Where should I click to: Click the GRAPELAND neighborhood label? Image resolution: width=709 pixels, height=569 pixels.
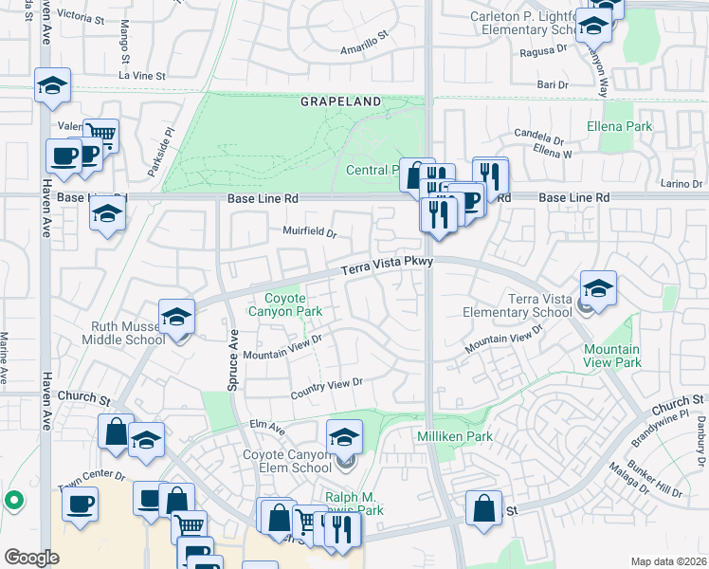pyautogui.click(x=341, y=101)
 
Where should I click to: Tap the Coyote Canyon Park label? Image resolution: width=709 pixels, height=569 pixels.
pyautogui.click(x=285, y=304)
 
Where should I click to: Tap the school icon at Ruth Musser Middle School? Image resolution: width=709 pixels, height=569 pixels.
pyautogui.click(x=176, y=318)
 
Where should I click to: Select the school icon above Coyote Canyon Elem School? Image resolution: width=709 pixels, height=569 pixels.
pyautogui.click(x=345, y=437)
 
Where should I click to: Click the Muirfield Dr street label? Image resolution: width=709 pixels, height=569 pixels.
pyautogui.click(x=309, y=231)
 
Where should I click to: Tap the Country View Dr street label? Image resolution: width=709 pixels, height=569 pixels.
pyautogui.click(x=327, y=383)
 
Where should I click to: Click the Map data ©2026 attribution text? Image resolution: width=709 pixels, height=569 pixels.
pyautogui.click(x=667, y=561)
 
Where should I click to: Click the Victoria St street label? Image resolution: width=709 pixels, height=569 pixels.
pyautogui.click(x=83, y=16)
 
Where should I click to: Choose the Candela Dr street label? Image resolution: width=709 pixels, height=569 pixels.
pyautogui.click(x=541, y=133)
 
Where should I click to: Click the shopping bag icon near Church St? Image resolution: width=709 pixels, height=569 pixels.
pyautogui.click(x=115, y=431)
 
